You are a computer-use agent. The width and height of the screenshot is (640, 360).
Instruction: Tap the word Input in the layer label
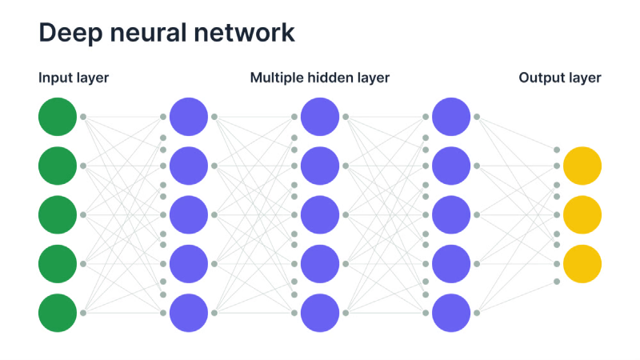tap(54, 78)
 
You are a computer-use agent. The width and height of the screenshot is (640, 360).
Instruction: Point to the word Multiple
tap(277, 78)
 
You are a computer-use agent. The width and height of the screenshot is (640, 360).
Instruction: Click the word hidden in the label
tap(332, 78)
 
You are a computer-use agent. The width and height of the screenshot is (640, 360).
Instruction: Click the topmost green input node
tap(58, 117)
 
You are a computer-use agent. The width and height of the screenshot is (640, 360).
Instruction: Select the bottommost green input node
tap(58, 313)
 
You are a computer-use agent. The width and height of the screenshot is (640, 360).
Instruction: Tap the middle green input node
tap(58, 214)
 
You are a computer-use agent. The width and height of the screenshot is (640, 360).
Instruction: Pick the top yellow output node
tap(582, 166)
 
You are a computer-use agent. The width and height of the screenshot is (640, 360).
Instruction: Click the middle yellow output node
tap(582, 214)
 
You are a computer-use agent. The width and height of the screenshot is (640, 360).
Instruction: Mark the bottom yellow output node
tap(582, 264)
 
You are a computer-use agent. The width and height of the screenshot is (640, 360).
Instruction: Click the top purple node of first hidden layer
tap(189, 117)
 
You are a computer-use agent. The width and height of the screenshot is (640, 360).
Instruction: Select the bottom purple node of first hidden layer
tap(189, 313)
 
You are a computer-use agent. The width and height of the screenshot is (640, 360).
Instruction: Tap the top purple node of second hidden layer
tap(320, 117)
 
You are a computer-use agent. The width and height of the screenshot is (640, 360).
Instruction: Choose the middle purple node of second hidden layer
tap(320, 214)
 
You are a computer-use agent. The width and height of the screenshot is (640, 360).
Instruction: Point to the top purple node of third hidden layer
tap(451, 117)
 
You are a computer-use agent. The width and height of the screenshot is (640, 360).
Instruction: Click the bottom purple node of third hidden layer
tap(451, 313)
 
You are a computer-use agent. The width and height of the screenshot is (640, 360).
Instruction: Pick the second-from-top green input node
tap(58, 166)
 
